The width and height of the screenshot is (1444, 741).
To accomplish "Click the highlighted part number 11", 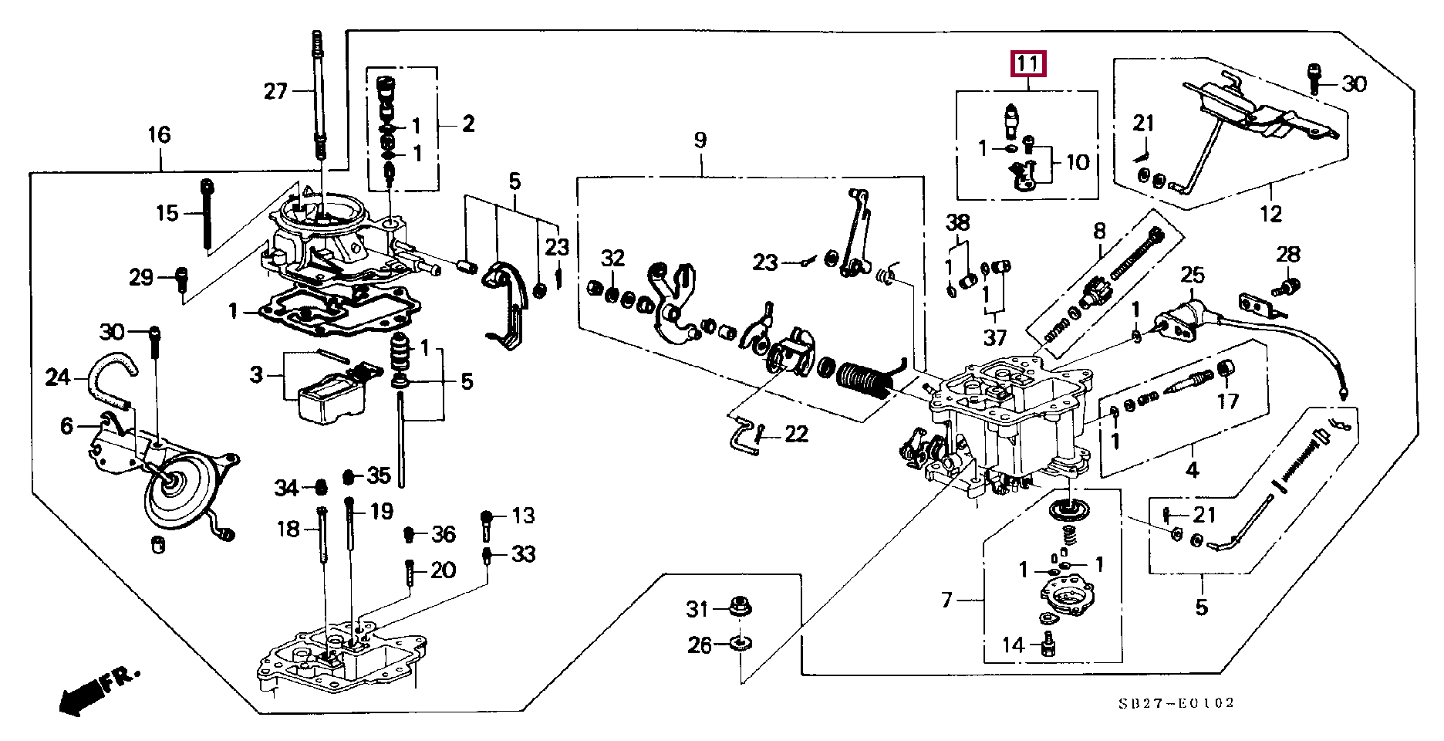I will pyautogui.click(x=1028, y=63).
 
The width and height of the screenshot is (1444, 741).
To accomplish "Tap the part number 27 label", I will pyautogui.click(x=275, y=92).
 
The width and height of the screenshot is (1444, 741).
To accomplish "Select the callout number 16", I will pyautogui.click(x=159, y=135).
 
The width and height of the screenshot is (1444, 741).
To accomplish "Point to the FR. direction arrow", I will pyautogui.click(x=99, y=690).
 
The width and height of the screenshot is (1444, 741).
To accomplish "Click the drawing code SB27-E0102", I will pyautogui.click(x=1177, y=703).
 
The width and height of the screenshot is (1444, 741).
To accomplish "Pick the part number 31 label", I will pyautogui.click(x=697, y=610).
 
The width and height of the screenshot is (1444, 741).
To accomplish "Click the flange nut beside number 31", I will pyautogui.click(x=740, y=607).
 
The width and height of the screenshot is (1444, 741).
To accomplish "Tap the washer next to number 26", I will pyautogui.click(x=741, y=643).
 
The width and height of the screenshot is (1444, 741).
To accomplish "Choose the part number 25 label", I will pyautogui.click(x=1193, y=276).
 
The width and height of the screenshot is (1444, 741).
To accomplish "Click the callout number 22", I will pyautogui.click(x=796, y=435).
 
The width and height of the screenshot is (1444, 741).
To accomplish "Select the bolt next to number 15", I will pyautogui.click(x=207, y=215).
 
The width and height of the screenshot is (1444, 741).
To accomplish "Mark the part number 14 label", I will pyautogui.click(x=1013, y=645).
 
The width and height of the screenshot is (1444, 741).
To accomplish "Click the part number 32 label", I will pyautogui.click(x=612, y=259).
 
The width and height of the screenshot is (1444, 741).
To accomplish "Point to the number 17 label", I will pyautogui.click(x=1228, y=401).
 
